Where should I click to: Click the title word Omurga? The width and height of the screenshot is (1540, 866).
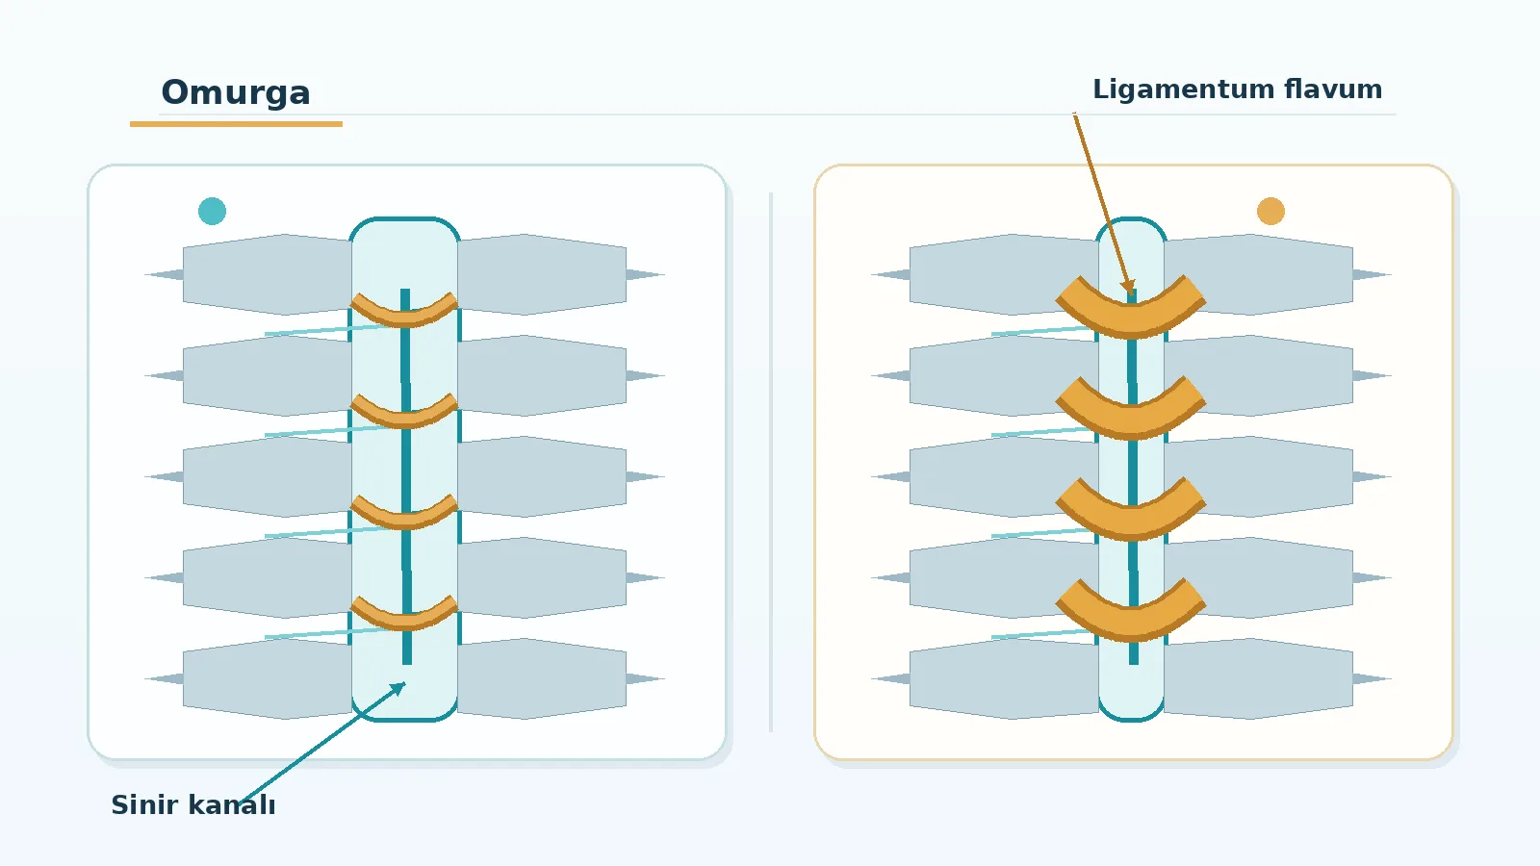click(x=236, y=92)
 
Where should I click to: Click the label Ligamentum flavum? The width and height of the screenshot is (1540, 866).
click(x=1238, y=89)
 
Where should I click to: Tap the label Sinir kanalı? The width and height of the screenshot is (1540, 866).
click(x=193, y=804)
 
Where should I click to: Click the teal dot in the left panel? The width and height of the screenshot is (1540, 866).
click(x=212, y=211)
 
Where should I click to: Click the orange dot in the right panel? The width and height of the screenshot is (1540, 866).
click(x=1270, y=211)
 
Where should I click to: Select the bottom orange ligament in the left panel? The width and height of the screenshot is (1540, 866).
click(x=404, y=621)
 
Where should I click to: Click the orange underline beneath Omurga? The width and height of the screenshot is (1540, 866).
click(x=236, y=124)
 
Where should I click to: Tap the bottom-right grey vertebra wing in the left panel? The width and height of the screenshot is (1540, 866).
click(x=542, y=678)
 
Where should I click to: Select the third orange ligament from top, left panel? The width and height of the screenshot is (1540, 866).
click(x=404, y=520)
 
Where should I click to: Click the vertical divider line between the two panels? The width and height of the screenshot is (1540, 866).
click(x=771, y=462)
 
